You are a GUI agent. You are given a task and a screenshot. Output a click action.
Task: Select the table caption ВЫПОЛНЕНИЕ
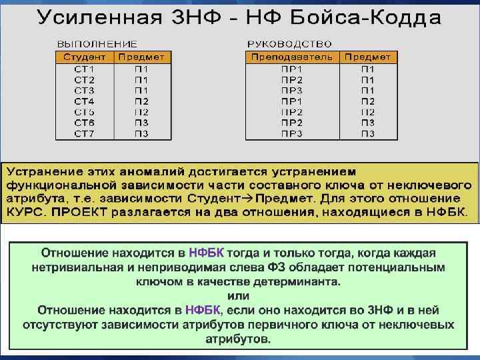(96, 44)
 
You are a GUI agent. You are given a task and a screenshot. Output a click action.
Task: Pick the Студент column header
(85, 57)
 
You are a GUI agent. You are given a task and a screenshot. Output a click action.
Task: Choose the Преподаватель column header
(292, 57)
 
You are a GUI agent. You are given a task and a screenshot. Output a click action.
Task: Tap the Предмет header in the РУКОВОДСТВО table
(368, 57)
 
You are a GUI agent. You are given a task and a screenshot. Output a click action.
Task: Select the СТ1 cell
(84, 69)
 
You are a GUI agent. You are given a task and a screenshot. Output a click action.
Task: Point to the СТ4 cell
(84, 101)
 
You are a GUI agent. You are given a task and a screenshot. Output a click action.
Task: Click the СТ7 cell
(84, 133)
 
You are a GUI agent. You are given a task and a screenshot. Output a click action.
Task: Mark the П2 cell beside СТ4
(141, 101)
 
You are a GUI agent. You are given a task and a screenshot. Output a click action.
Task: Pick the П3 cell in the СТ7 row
(141, 133)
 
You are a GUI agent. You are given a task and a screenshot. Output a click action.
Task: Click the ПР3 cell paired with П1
(292, 91)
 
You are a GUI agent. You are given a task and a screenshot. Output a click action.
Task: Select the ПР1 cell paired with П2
(292, 101)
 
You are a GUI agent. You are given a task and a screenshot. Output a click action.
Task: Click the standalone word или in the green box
(238, 295)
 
